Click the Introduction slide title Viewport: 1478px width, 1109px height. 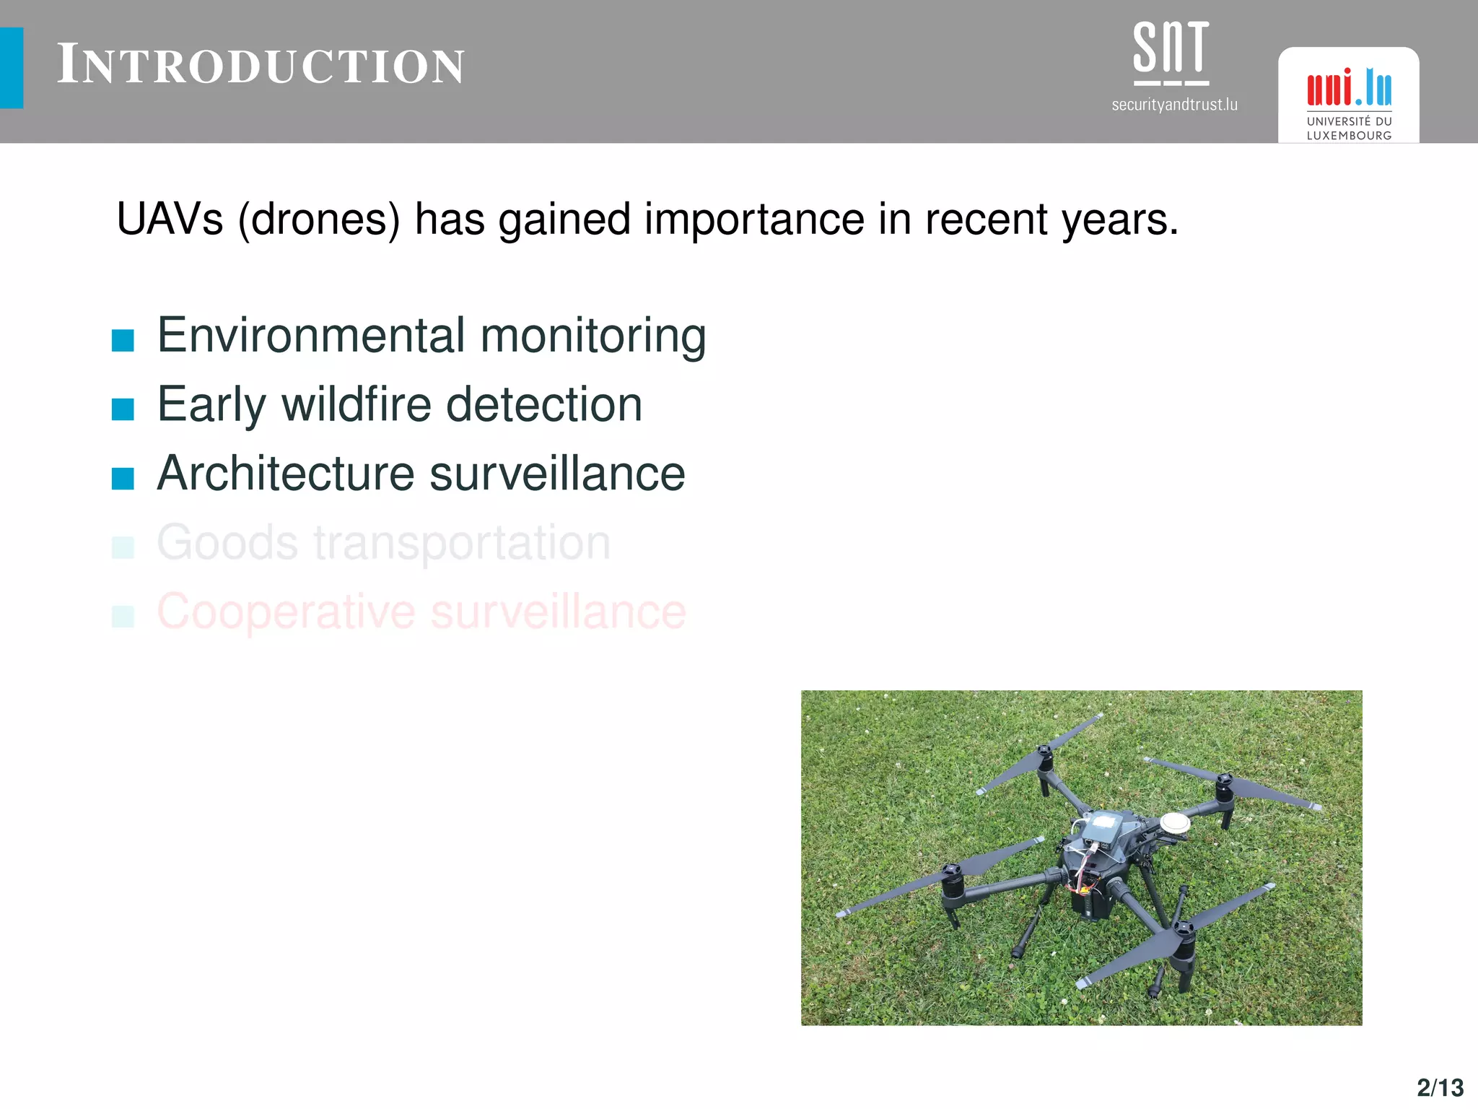261,66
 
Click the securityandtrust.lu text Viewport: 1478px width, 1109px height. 1174,105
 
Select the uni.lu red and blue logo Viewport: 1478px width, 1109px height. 1349,88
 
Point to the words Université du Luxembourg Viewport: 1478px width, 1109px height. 1349,129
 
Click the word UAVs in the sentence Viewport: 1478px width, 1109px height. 170,219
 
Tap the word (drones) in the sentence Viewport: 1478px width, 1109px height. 319,219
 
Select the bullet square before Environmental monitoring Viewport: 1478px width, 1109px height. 123,340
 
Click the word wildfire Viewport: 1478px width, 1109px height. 357,404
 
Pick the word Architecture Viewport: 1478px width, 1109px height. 286,474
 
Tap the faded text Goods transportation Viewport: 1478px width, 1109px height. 383,542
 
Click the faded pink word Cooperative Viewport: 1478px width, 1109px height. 286,612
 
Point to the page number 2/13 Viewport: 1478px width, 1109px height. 1440,1087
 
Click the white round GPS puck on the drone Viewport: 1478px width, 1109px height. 1175,822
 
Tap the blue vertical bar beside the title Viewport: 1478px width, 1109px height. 12,68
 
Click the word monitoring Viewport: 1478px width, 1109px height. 592,336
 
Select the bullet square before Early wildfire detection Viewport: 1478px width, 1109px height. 123,409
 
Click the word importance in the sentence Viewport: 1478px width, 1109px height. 754,219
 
